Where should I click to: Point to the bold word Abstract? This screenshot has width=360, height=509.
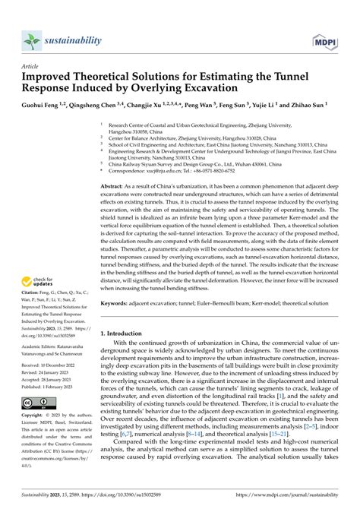click(x=115, y=185)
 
